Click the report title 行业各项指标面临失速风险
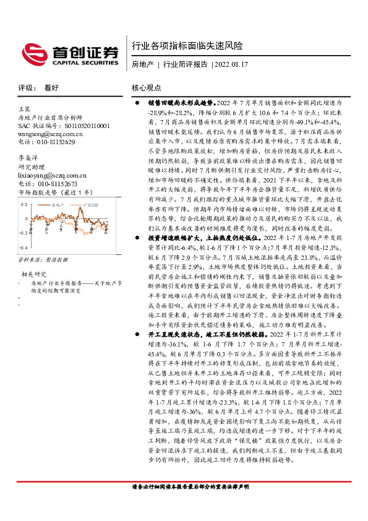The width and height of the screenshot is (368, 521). pos(188,46)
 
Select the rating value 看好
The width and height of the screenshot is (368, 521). pos(52,87)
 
